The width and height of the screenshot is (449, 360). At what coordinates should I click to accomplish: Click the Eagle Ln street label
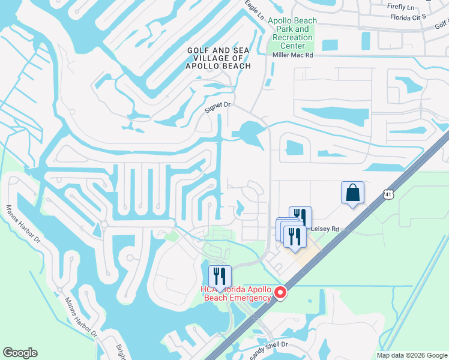coord(255,11)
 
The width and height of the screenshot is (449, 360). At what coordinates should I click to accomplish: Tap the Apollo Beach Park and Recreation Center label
coord(292,33)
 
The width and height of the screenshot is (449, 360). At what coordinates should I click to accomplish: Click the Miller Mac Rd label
coord(292,55)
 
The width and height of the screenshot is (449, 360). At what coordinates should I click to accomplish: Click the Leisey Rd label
coord(324,229)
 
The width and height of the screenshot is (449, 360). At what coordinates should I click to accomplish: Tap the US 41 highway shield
coord(388,194)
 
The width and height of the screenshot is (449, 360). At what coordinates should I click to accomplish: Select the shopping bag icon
coord(353,193)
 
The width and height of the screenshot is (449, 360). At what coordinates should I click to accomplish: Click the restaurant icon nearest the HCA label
coord(220,275)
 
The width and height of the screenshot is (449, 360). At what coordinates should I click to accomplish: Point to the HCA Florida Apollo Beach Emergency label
coord(237,293)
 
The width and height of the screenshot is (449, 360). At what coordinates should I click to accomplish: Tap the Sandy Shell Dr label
coord(268,348)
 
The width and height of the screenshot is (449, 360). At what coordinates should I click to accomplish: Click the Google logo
coord(20,353)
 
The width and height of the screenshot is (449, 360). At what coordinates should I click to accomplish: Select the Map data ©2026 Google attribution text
coord(412,355)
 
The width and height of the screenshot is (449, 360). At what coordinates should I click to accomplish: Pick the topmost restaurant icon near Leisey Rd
coord(300,217)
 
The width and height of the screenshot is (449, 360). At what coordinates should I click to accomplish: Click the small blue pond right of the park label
coord(330,45)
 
